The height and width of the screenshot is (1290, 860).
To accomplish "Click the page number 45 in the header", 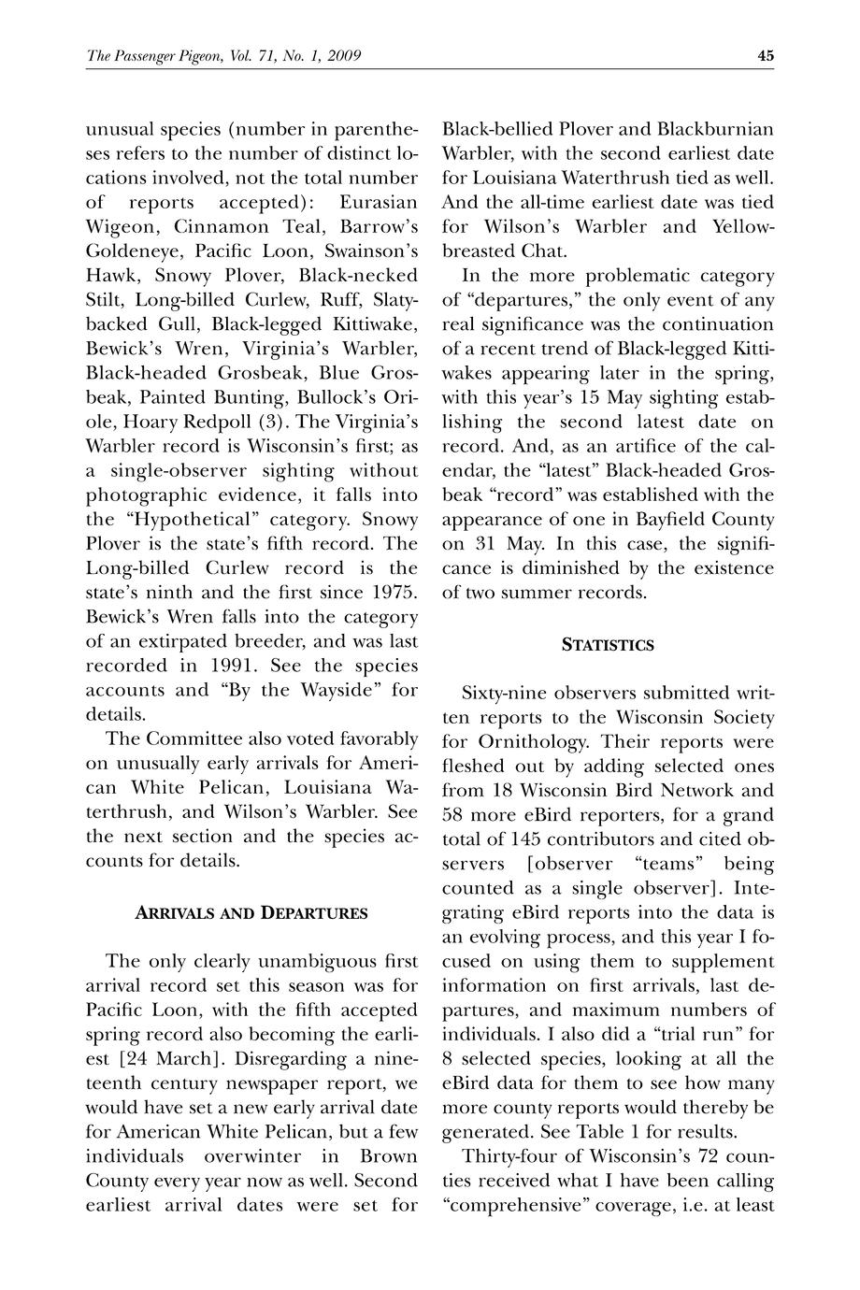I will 766,56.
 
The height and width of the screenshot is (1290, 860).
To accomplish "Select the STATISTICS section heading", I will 608,645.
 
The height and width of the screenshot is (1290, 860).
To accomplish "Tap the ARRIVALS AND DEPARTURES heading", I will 251,913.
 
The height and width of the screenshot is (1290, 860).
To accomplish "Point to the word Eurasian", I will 379,202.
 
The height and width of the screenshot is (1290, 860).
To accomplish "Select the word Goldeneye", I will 134,251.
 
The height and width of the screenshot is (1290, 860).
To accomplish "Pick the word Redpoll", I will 213,421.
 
